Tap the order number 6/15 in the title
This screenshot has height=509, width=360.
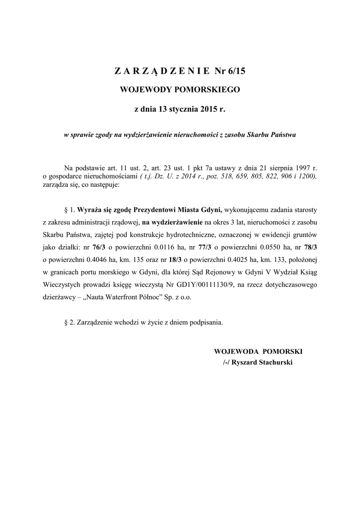point(236,71)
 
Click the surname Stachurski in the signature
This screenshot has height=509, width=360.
point(273,363)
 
